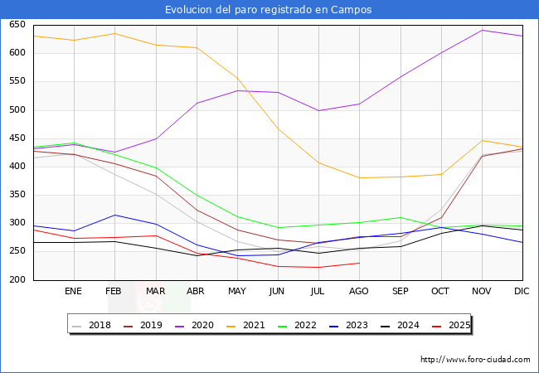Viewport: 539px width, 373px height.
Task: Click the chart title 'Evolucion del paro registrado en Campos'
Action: pos(269,9)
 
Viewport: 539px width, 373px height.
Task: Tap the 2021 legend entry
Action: pos(254,325)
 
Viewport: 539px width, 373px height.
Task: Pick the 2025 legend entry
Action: pos(459,325)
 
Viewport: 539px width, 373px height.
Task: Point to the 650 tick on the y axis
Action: pos(17,25)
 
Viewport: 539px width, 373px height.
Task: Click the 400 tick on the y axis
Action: pos(17,167)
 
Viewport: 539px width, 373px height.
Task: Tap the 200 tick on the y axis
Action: pos(17,280)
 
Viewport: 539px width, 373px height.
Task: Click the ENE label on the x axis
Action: pos(73,292)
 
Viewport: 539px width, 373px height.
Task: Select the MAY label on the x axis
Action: pos(236,292)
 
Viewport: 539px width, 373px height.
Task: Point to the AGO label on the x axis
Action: pos(359,292)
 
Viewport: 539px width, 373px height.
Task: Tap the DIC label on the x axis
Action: pos(522,292)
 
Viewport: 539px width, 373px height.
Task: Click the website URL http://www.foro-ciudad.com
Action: pos(475,360)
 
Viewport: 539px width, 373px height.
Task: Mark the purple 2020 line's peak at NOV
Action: pos(482,31)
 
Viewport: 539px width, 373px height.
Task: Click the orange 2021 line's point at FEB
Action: pos(114,34)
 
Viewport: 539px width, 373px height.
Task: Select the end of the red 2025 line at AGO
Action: pos(359,263)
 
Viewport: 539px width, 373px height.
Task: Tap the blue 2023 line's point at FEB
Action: pos(114,215)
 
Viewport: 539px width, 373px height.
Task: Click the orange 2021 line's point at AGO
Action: pos(359,177)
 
